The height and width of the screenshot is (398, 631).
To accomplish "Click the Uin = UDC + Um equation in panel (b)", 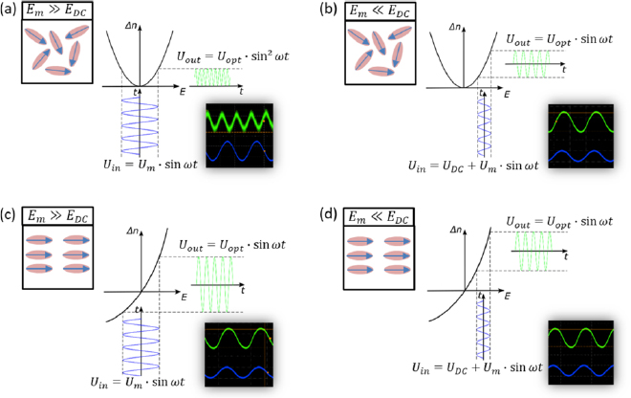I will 473,165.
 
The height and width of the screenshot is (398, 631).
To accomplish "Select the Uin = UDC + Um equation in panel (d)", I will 473,366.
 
